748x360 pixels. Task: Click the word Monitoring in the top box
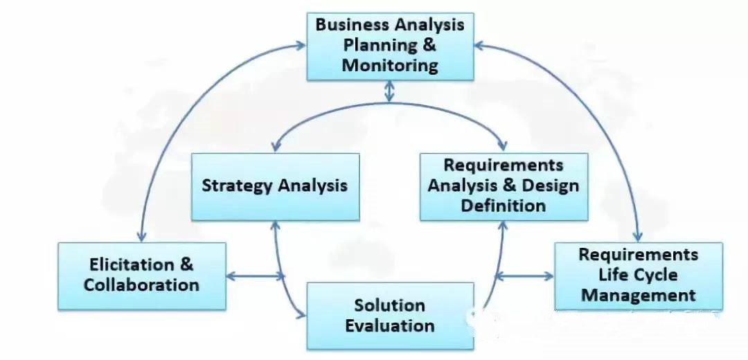pyautogui.click(x=390, y=65)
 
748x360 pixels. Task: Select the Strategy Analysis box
pyautogui.click(x=275, y=187)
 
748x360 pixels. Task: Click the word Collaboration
pyautogui.click(x=141, y=285)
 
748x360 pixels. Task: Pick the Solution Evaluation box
pyautogui.click(x=390, y=316)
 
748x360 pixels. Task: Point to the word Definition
pyautogui.click(x=504, y=206)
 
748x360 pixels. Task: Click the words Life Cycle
pyautogui.click(x=638, y=275)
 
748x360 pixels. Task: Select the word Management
pyautogui.click(x=639, y=295)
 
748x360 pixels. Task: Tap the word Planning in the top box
pyautogui.click(x=375, y=45)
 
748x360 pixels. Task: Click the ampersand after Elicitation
pyautogui.click(x=187, y=264)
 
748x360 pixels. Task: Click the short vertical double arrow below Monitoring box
pyautogui.click(x=389, y=91)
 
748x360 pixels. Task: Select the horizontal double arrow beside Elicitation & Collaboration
pyautogui.click(x=255, y=276)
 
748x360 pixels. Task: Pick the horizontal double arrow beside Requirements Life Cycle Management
pyautogui.click(x=525, y=276)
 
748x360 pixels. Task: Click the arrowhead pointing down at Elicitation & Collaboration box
pyautogui.click(x=141, y=237)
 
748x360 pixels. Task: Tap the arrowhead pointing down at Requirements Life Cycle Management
pyautogui.click(x=639, y=237)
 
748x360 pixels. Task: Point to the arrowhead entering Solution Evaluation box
pyautogui.click(x=301, y=314)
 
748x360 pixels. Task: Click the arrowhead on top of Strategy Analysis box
pyautogui.click(x=275, y=147)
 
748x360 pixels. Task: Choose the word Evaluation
pyautogui.click(x=390, y=326)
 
